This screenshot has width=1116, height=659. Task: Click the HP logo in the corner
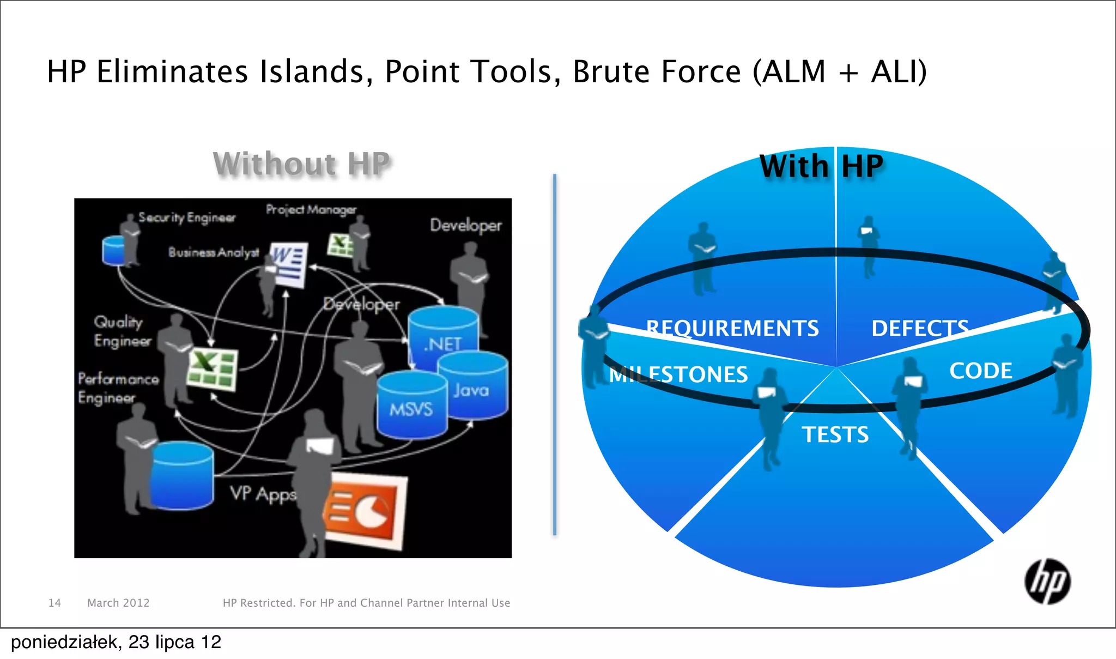(x=1047, y=582)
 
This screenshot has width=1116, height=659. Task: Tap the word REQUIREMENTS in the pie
(x=732, y=328)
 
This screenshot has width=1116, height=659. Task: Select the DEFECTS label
(x=919, y=328)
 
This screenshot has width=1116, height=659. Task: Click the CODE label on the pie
(x=980, y=371)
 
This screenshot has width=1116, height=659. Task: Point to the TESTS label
(x=835, y=434)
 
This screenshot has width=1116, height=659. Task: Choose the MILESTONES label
(x=678, y=374)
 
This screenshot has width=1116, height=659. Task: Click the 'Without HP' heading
(x=301, y=164)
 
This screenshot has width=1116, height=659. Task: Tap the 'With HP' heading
(x=821, y=166)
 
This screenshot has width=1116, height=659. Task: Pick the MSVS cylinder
(x=411, y=406)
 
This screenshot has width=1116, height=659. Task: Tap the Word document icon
(x=289, y=264)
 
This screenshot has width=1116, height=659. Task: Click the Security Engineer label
(x=186, y=217)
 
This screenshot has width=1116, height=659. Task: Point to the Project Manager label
(x=311, y=209)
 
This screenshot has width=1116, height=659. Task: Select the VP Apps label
(x=263, y=494)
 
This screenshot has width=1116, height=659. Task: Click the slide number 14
(x=54, y=603)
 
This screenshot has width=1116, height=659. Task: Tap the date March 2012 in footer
(x=118, y=603)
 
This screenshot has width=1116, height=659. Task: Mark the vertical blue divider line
(x=554, y=354)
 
